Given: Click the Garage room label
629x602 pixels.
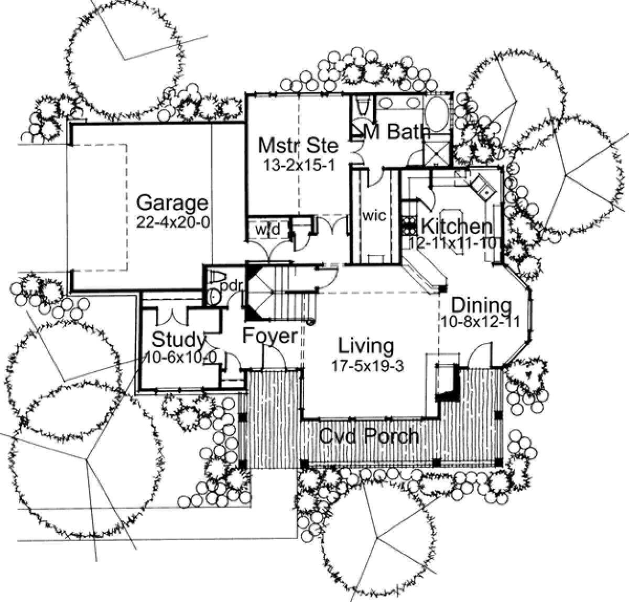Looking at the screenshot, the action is point(172,203).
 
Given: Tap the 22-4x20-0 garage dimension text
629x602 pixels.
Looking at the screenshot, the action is point(173,222).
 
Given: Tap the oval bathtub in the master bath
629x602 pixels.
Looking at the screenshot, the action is point(436,113).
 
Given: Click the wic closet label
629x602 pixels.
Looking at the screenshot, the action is point(374,215).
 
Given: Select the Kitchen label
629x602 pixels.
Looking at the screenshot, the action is point(457,227).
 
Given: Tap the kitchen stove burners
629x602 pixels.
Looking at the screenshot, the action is point(409,225).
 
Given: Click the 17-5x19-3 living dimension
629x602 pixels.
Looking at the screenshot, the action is point(368,366).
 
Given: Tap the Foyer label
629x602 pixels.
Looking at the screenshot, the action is point(270,336).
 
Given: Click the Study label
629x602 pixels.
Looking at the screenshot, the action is point(178,340).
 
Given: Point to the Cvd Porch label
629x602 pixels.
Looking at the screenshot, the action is point(369,436).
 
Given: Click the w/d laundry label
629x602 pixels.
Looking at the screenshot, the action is point(268,230).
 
